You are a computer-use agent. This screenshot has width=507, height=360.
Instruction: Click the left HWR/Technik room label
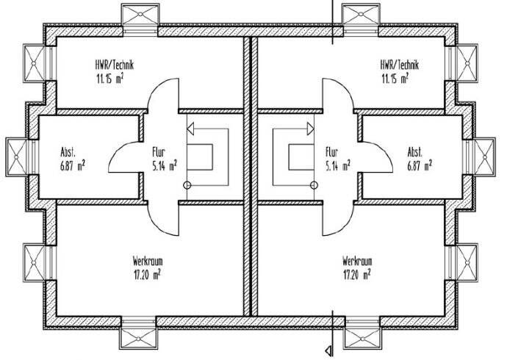[x=114, y=64]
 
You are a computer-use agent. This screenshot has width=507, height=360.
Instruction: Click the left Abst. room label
[x=68, y=153]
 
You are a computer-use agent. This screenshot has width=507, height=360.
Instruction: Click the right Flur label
[x=331, y=153]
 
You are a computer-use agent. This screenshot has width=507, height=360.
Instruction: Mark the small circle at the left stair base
[x=187, y=185]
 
